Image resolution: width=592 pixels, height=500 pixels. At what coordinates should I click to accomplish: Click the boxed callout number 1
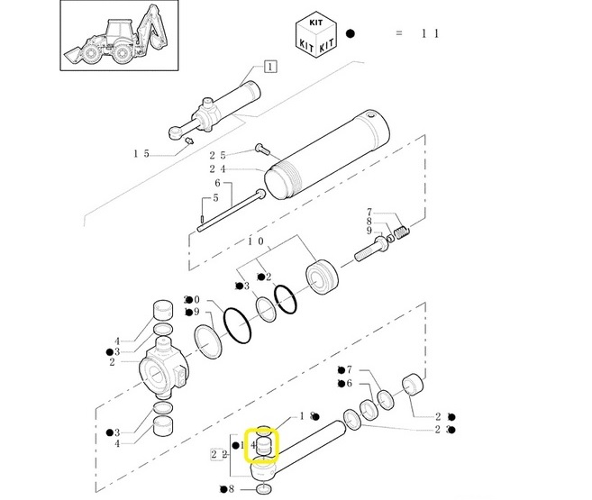click(270, 67)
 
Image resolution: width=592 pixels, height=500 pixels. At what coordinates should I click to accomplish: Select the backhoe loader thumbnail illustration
click(119, 35)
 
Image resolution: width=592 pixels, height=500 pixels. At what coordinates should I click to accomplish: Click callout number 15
click(141, 154)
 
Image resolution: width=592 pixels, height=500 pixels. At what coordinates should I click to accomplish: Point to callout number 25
click(217, 156)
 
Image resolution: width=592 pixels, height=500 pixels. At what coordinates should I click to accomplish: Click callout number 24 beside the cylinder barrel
click(217, 169)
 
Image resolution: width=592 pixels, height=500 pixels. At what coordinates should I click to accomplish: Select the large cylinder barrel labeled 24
click(326, 154)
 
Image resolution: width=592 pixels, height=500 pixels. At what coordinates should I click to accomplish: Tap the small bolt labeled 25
click(262, 149)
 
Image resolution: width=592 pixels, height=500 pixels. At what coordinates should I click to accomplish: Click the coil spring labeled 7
click(401, 232)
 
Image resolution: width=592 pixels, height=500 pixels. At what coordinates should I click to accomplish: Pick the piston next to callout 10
click(322, 277)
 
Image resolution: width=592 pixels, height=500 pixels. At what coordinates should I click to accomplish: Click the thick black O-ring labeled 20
click(238, 325)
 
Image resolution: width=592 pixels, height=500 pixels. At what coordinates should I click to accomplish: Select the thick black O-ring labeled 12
click(286, 299)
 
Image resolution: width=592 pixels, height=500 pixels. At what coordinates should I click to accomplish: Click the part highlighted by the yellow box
click(263, 447)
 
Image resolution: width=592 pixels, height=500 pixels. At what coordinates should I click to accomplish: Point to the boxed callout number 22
click(219, 454)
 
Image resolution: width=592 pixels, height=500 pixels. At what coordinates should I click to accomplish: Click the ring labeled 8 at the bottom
click(264, 489)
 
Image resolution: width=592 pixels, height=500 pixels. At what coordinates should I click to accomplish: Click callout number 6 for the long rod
click(217, 184)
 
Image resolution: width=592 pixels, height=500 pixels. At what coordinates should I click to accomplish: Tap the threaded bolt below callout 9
click(372, 249)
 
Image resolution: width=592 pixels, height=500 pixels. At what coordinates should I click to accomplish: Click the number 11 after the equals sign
click(431, 33)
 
